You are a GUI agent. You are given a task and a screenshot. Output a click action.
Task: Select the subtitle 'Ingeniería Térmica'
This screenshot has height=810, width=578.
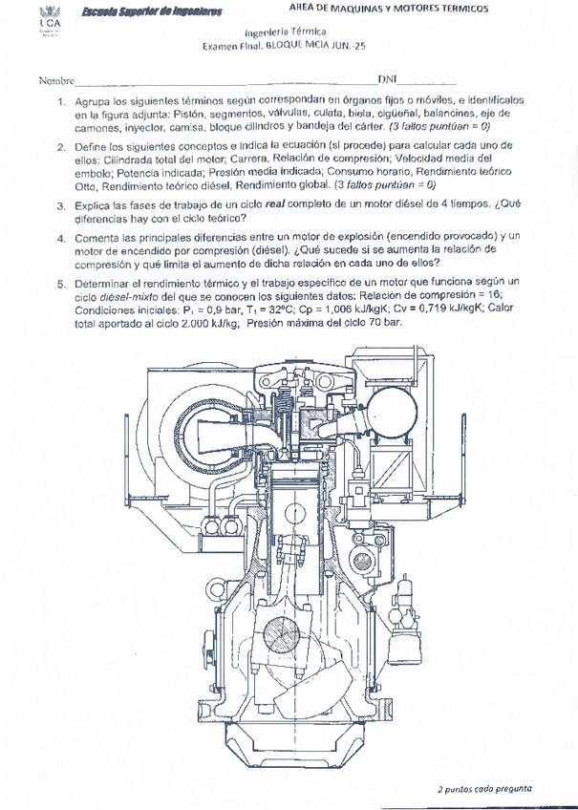tap(284, 32)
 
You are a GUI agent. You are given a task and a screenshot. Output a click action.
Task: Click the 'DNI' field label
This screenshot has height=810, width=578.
tap(388, 80)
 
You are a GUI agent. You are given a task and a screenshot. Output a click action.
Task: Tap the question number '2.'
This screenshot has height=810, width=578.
tap(61, 147)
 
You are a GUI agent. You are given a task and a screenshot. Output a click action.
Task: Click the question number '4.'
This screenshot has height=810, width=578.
tap(61, 235)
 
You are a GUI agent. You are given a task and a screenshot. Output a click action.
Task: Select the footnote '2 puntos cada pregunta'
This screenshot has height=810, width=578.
tap(484, 789)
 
